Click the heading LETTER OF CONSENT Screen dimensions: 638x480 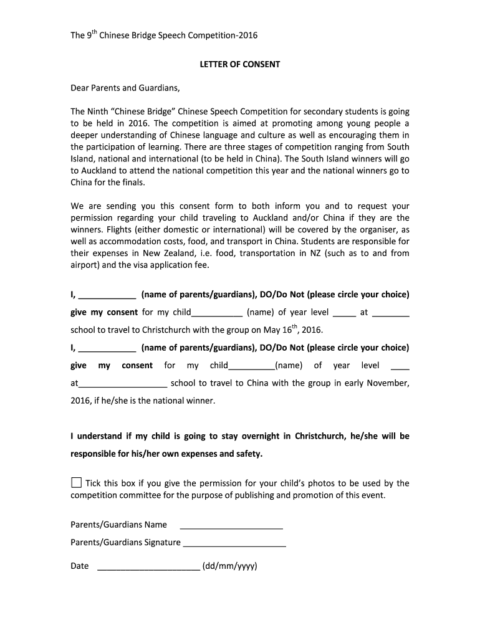pyautogui.click(x=239, y=64)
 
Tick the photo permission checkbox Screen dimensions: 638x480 pyautogui.click(x=76, y=483)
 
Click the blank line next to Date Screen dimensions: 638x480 pyautogui.click(x=149, y=566)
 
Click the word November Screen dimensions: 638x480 pyautogui.click(x=388, y=383)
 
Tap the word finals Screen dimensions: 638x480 pyautogui.click(x=132, y=183)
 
